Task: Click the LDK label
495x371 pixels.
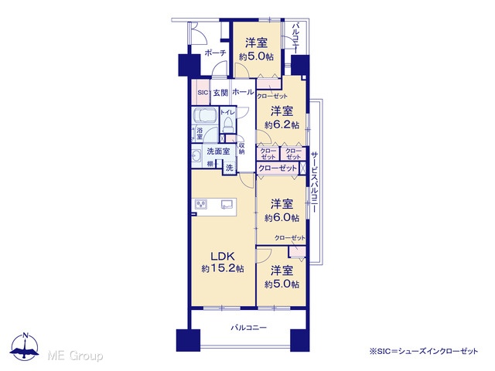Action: click(x=222, y=256)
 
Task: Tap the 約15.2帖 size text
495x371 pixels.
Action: click(x=223, y=269)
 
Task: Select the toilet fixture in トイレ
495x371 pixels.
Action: click(x=227, y=124)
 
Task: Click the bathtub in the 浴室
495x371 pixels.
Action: click(x=204, y=115)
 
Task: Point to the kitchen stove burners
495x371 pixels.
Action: click(x=201, y=205)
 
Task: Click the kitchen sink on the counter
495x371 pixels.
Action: click(x=227, y=204)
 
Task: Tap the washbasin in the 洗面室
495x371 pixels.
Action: click(x=196, y=156)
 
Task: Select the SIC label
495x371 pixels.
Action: click(x=203, y=93)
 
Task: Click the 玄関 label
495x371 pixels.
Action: click(x=220, y=93)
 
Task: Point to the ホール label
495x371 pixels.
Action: click(x=243, y=92)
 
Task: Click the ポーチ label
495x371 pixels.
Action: click(x=216, y=53)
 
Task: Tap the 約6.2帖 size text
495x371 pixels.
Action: click(x=282, y=125)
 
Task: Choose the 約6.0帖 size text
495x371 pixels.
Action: click(x=282, y=218)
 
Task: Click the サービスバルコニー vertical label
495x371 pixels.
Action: click(x=315, y=182)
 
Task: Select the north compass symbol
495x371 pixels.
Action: click(x=25, y=346)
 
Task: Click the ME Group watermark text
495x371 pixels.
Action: click(x=75, y=356)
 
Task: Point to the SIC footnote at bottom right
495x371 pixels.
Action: click(x=424, y=351)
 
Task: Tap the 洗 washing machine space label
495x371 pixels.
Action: click(x=230, y=167)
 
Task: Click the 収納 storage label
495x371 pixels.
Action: click(x=241, y=148)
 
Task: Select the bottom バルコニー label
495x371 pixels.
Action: click(x=249, y=328)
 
